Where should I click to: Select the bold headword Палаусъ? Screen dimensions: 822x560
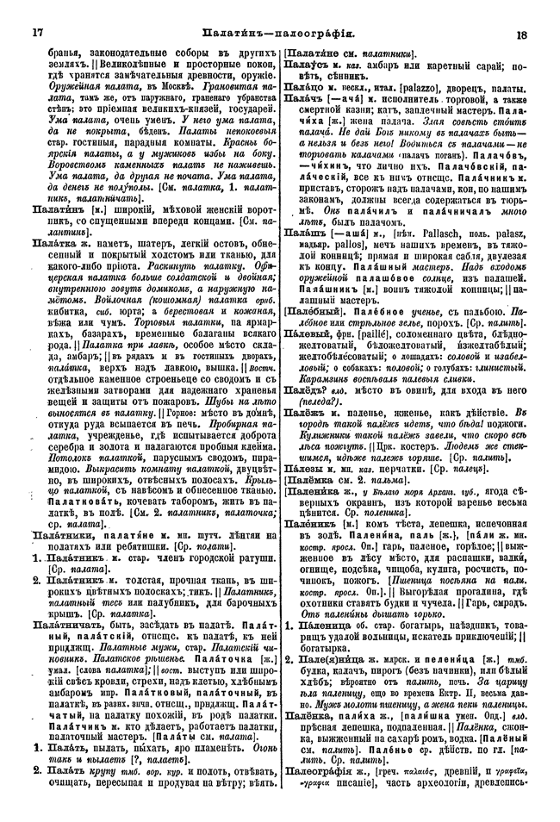[x=306, y=63]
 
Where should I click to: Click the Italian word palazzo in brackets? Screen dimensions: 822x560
[x=413, y=89]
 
